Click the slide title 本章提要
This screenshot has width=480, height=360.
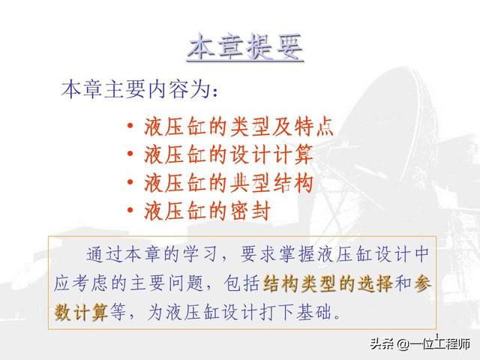coord(245,47)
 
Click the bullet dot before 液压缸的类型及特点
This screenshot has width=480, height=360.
coord(130,125)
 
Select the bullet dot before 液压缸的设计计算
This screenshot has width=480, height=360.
coord(130,153)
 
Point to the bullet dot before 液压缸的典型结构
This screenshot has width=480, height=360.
coord(130,181)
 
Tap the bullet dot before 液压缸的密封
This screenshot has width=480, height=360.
coord(130,210)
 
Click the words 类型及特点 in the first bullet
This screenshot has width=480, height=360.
coord(282,126)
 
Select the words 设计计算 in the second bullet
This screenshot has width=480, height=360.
coord(271,154)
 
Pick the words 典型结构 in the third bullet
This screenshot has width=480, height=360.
coord(271,183)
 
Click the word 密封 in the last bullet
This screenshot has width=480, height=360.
coord(250,211)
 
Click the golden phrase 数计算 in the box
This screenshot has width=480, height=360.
coord(81,313)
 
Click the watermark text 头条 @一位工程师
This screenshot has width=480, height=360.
coord(420,344)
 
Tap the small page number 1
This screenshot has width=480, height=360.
coord(436,335)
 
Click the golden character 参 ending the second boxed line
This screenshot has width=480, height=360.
coord(422,283)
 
